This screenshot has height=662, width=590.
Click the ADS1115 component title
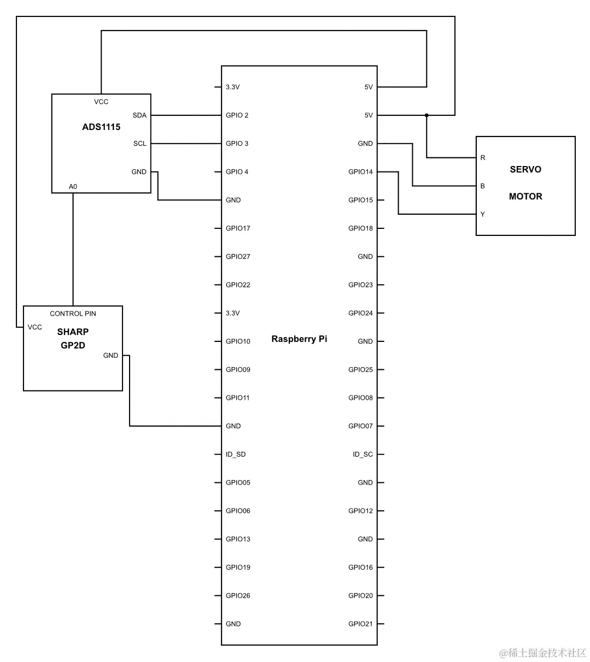point(101,127)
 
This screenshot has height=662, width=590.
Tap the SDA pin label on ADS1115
point(139,115)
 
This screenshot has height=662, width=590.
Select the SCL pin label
point(139,144)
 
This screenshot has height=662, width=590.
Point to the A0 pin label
point(73,187)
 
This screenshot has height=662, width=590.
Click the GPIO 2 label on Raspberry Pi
point(237,115)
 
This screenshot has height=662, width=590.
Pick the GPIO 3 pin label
point(237,144)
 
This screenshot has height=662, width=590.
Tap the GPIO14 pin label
point(360,172)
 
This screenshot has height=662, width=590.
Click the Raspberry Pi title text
point(299,339)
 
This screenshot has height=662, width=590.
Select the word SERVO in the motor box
point(525,169)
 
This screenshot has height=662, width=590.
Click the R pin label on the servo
point(482,158)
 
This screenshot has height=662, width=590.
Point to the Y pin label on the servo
point(482,214)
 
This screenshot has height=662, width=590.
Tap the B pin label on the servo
point(482,186)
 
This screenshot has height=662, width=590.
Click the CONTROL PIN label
point(73,314)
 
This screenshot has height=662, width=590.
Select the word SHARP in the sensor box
point(73,332)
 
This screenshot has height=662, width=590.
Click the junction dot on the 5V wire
point(427,115)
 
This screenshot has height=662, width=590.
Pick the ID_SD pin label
point(236,454)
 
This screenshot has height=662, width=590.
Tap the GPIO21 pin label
point(360,624)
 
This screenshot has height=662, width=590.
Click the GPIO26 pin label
point(238,595)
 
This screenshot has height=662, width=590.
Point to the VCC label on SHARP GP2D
point(35,327)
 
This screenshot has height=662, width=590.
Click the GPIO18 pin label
point(360,228)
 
